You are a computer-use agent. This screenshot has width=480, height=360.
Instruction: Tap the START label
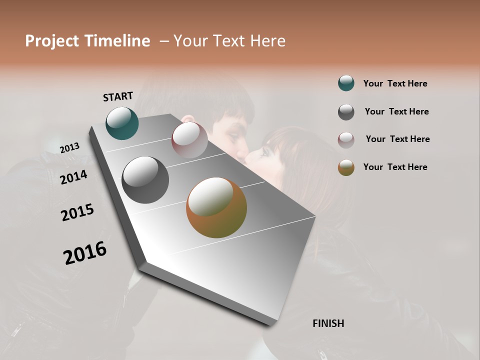tap(118, 96)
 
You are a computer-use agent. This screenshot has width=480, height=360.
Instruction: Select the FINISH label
tap(328, 323)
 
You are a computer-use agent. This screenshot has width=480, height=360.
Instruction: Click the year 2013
tap(70, 148)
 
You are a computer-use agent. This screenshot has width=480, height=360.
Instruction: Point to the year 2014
tap(74, 177)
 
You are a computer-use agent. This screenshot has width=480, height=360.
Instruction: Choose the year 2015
tap(77, 212)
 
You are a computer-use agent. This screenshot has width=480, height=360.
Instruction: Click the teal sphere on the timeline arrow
tap(122, 123)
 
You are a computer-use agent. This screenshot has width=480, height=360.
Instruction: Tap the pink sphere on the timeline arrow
tap(189, 140)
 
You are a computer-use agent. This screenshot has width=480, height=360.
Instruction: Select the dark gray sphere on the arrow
tap(145, 179)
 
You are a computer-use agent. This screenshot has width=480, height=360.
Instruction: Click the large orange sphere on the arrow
tap(216, 207)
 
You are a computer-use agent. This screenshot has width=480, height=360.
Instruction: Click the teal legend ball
tap(346, 83)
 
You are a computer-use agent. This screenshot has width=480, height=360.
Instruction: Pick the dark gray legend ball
tap(346, 112)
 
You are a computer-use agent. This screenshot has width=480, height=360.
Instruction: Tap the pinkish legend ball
tap(346, 139)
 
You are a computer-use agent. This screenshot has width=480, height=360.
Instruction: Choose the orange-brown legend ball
tap(346, 167)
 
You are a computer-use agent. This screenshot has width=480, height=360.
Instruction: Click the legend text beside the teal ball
tap(395, 83)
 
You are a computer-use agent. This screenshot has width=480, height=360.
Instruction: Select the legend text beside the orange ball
tap(395, 167)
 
